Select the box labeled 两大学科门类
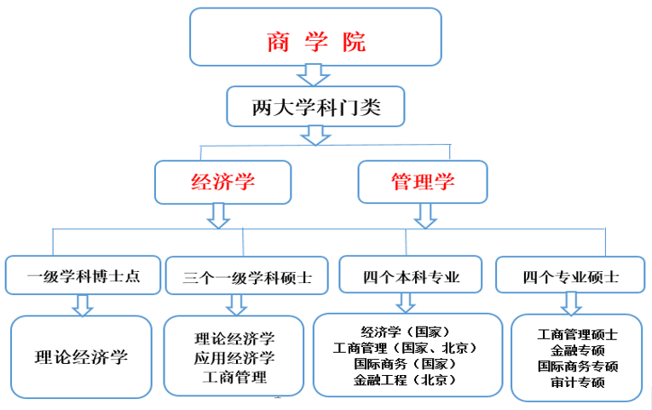point(315,107)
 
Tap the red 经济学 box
point(222,182)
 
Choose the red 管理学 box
point(423,182)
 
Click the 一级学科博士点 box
point(84,276)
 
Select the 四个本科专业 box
point(412,276)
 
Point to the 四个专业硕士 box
point(570,276)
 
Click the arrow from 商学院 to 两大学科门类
point(314,76)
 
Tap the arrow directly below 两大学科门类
point(315,135)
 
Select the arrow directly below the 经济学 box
point(219,215)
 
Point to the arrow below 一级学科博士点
point(83,304)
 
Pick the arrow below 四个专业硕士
point(570,303)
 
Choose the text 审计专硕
point(577,382)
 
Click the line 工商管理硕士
point(577,334)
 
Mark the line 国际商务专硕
point(577,367)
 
